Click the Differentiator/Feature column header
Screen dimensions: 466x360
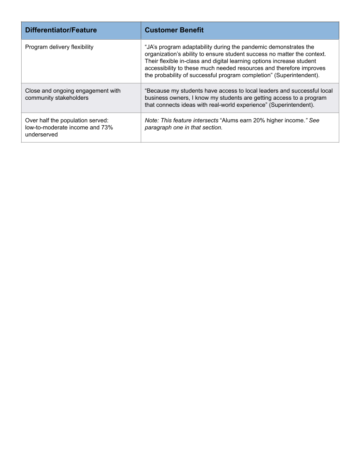click(x=61, y=30)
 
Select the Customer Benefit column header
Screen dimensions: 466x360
click(x=174, y=30)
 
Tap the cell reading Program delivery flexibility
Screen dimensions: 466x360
click(x=59, y=47)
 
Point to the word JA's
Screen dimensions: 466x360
click(x=152, y=47)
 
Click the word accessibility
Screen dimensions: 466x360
click(x=161, y=68)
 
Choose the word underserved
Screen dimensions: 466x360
click(x=41, y=135)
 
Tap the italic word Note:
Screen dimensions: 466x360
click(x=152, y=120)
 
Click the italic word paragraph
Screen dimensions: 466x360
click(x=159, y=128)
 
